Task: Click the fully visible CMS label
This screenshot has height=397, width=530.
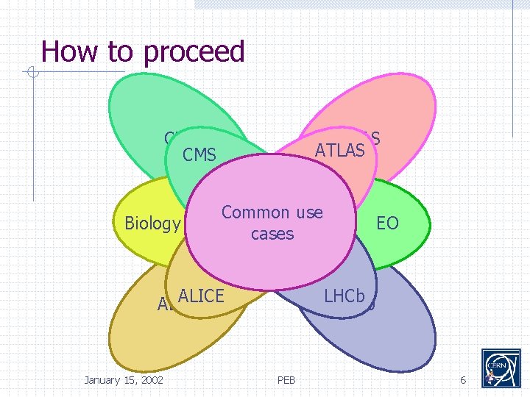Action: coord(199,155)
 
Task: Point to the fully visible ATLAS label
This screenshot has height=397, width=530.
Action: coord(339,151)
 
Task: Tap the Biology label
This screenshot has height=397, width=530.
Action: coord(152,223)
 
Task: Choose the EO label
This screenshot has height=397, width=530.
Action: coord(387,223)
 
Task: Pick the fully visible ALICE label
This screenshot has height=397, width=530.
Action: coord(200,296)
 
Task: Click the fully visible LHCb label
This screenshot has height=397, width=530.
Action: coord(344,296)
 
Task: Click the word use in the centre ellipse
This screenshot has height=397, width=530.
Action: coord(308,212)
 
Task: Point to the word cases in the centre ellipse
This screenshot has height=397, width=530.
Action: coord(272,234)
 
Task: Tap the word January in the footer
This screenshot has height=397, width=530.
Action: coord(105,379)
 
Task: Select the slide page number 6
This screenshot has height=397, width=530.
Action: coord(463,379)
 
